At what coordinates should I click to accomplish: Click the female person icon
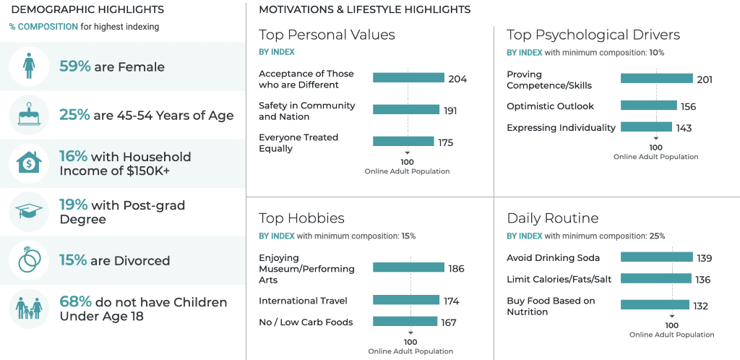[x=29, y=67]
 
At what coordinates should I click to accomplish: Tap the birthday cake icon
[x=29, y=115]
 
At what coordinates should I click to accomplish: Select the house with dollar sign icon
[x=29, y=163]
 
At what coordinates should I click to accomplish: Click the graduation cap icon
[x=29, y=212]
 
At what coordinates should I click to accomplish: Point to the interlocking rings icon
[x=29, y=260]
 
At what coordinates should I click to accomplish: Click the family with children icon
[x=29, y=309]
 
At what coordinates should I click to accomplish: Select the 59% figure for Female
[x=75, y=67]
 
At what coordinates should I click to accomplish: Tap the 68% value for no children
[x=75, y=302]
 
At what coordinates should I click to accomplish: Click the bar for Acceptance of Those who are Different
[x=408, y=78]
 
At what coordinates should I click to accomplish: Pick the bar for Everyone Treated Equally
[x=403, y=142]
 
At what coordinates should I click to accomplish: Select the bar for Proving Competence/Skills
[x=656, y=79]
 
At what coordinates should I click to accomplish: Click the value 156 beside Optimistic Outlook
[x=688, y=106]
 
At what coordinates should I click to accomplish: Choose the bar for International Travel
[x=405, y=300]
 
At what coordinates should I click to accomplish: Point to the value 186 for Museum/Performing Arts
[x=456, y=268]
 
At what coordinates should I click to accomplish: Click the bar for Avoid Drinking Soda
[x=656, y=257]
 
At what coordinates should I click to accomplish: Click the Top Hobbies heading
[x=301, y=218]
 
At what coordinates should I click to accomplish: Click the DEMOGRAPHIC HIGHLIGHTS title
[x=87, y=10]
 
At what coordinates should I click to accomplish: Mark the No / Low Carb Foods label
[x=306, y=322]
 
